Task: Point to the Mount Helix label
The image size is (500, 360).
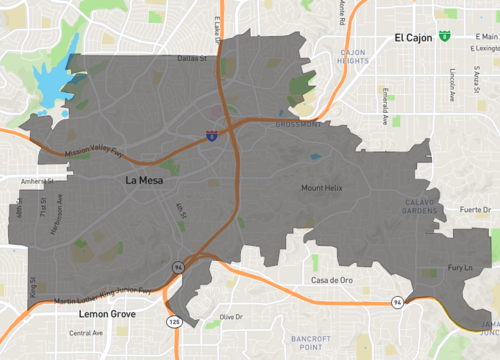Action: pyautogui.click(x=321, y=187)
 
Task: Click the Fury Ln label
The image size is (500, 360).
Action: pyautogui.click(x=459, y=267)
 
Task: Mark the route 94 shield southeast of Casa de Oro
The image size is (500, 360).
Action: pyautogui.click(x=398, y=302)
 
